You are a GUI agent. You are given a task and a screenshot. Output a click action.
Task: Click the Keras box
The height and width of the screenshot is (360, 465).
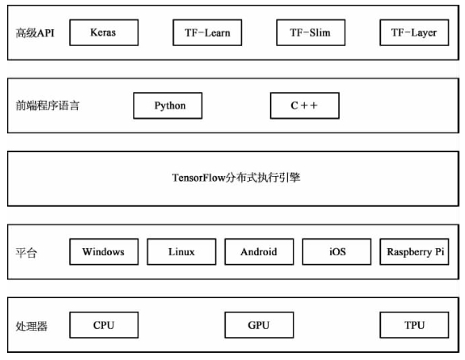tap(104, 33)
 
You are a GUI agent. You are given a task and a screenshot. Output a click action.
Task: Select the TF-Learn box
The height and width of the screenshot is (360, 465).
tap(207, 33)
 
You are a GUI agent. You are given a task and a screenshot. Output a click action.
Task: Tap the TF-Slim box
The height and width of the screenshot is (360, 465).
tap(311, 33)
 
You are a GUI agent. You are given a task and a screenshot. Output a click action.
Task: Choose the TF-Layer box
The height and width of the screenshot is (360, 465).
tap(414, 33)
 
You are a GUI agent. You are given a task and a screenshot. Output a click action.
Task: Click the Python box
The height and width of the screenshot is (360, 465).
tap(168, 105)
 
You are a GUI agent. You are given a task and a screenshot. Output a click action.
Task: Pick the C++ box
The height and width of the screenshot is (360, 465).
tap(305, 105)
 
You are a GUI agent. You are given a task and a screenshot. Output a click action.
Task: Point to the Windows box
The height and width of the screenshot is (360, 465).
tap(104, 251)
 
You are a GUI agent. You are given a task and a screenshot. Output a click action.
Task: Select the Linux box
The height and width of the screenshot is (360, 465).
tap(182, 251)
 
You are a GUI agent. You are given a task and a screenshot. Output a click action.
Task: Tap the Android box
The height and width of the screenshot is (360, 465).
tap(259, 251)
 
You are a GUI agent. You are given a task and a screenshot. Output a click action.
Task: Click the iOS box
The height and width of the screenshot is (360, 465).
tap(336, 251)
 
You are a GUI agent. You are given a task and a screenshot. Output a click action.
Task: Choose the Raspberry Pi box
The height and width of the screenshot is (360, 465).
tap(414, 251)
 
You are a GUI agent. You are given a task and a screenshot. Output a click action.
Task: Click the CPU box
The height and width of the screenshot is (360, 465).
tap(104, 325)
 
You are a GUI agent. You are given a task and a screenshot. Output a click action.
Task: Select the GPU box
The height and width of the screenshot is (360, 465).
tap(259, 325)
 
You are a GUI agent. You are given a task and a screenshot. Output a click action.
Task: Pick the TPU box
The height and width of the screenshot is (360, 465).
tap(414, 325)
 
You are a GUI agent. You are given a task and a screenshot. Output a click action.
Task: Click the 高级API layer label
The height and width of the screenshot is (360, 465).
tap(35, 33)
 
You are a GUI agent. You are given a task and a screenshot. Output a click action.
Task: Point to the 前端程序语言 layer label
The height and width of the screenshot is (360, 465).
tap(48, 105)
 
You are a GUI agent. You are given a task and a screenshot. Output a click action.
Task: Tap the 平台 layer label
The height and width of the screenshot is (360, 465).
tap(26, 253)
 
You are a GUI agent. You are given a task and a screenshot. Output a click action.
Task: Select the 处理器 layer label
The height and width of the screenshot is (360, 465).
tap(32, 326)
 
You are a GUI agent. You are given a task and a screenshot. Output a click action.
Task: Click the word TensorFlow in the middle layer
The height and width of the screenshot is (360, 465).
tap(199, 178)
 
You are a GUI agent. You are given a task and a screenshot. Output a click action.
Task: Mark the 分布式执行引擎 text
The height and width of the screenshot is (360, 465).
tap(263, 178)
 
